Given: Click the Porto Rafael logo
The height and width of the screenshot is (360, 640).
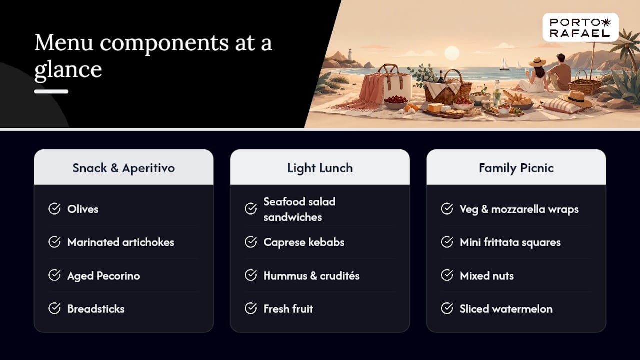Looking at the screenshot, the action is pyautogui.click(x=580, y=27).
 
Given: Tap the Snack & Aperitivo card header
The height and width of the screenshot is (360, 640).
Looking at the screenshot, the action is pyautogui.click(x=123, y=167).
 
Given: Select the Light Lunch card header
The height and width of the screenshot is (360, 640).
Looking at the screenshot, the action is pyautogui.click(x=320, y=167).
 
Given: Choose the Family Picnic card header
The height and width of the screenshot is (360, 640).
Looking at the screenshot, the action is pyautogui.click(x=516, y=167).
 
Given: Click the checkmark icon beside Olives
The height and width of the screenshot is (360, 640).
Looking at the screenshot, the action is pyautogui.click(x=54, y=209).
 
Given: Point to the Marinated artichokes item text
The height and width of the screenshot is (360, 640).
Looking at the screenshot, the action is pyautogui.click(x=121, y=242).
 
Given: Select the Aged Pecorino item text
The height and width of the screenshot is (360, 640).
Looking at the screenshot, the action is pyautogui.click(x=103, y=276).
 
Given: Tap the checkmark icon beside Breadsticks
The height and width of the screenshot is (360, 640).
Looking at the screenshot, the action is pyautogui.click(x=54, y=308).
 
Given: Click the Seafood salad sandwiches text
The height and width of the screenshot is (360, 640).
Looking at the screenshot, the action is pyautogui.click(x=299, y=209).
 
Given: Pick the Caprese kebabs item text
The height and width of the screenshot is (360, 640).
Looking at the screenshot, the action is pyautogui.click(x=304, y=242).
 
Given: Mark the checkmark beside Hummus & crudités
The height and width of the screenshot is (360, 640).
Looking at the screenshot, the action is pyautogui.click(x=251, y=275).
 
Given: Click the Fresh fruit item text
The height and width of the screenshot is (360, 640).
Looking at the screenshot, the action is pyautogui.click(x=288, y=309).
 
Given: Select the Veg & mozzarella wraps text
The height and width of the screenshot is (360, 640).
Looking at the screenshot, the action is pyautogui.click(x=519, y=209).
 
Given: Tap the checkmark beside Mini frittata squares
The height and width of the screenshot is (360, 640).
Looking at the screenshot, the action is pyautogui.click(x=447, y=242).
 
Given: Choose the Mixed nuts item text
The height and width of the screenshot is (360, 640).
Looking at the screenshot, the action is pyautogui.click(x=487, y=276).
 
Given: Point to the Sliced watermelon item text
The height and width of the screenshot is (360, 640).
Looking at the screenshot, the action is pyautogui.click(x=506, y=309).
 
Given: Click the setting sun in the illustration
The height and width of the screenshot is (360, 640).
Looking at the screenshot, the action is pyautogui.click(x=452, y=53).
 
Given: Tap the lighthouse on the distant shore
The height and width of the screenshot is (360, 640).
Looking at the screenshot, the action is pyautogui.click(x=350, y=54).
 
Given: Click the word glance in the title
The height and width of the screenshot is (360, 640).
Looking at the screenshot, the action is pyautogui.click(x=68, y=70).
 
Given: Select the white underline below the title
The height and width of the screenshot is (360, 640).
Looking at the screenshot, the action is pyautogui.click(x=51, y=91).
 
